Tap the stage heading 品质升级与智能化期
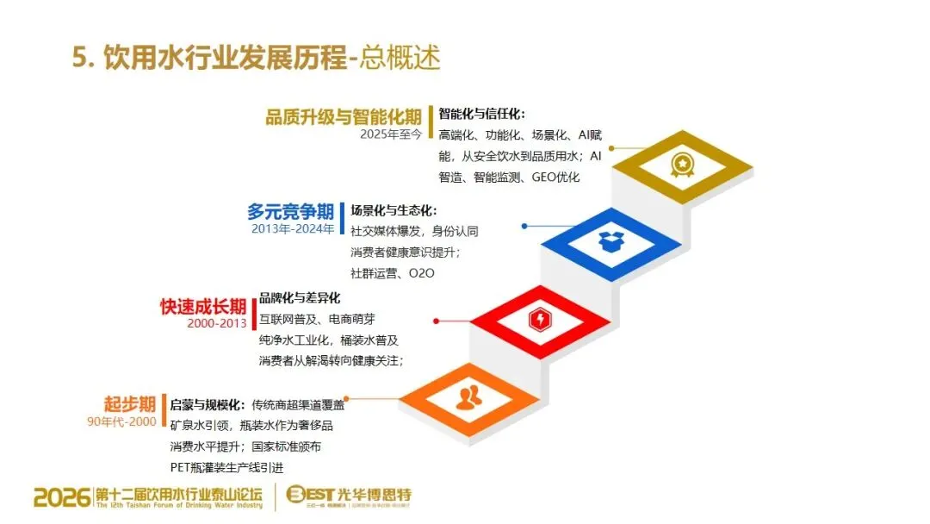pyautogui.click(x=343, y=117)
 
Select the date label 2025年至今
pyautogui.click(x=391, y=134)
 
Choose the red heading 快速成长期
pyautogui.click(x=203, y=306)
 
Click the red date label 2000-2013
pyautogui.click(x=216, y=323)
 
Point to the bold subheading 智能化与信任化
pyautogui.click(x=481, y=114)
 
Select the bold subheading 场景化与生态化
pyautogui.click(x=394, y=210)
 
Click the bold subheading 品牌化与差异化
pyautogui.click(x=300, y=298)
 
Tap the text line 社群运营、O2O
pyautogui.click(x=393, y=273)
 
